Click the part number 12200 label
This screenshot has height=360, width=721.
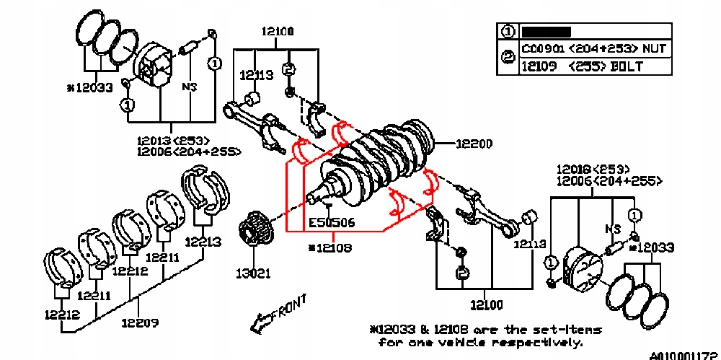(x=474, y=144)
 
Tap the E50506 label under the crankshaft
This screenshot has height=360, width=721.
(x=332, y=223)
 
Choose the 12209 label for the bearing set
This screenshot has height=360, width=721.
(x=139, y=322)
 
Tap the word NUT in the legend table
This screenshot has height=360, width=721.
(x=653, y=49)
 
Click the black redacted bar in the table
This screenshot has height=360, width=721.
(x=546, y=32)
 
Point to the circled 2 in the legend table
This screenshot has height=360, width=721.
(x=508, y=58)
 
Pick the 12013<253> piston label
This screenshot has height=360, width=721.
(x=172, y=140)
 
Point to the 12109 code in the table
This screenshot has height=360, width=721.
(x=539, y=66)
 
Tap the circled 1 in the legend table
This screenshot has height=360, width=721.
(x=508, y=32)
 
